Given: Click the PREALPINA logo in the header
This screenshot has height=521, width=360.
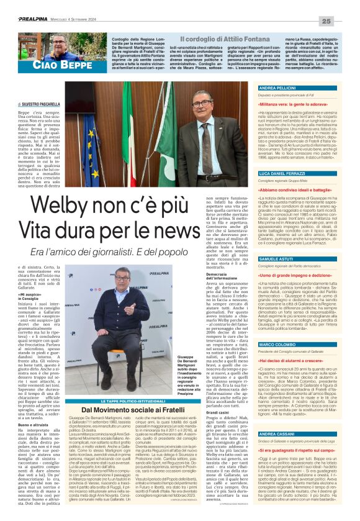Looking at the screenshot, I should pos(25,20).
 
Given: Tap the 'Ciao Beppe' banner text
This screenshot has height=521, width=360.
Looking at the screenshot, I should pos(41,65).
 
